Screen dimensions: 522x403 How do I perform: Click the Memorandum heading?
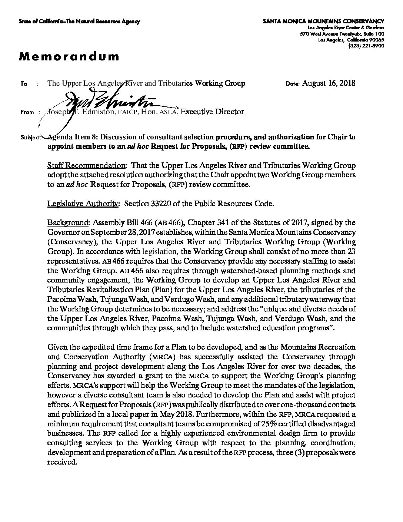(69, 56)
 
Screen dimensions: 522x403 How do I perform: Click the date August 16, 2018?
(329, 83)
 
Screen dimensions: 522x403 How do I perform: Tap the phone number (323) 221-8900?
(366, 46)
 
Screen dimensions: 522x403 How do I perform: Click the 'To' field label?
(24, 84)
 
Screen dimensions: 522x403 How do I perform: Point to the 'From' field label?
(27, 112)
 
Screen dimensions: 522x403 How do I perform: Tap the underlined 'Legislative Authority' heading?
(83, 204)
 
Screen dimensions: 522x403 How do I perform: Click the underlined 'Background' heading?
(68, 223)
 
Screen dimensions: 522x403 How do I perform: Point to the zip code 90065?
(376, 40)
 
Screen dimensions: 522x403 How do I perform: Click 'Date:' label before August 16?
(293, 84)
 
